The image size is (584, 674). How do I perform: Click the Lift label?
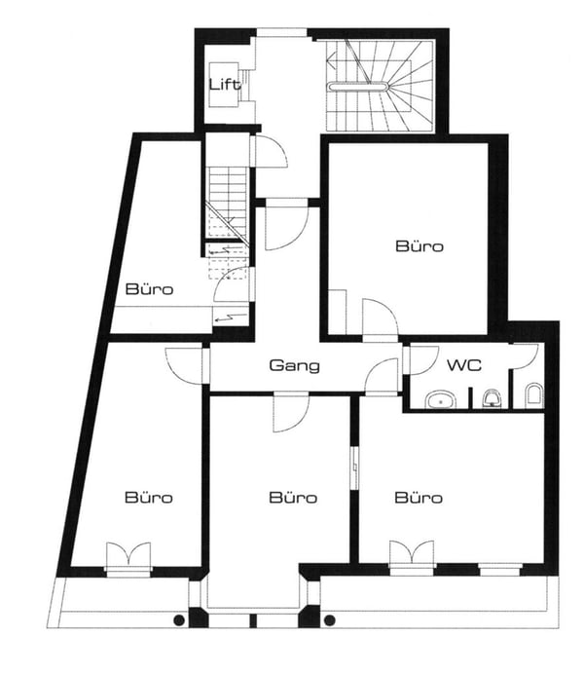click(x=225, y=84)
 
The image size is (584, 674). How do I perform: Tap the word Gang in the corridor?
click(x=294, y=366)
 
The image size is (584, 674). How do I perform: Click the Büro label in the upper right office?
click(x=420, y=246)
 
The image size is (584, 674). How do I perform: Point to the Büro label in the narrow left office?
click(x=149, y=289)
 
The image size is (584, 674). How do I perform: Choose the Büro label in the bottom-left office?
click(x=149, y=498)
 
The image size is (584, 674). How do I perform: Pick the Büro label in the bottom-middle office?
click(x=293, y=498)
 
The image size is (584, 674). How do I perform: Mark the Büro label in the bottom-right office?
click(x=419, y=498)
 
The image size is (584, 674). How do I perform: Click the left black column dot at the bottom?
click(x=179, y=619)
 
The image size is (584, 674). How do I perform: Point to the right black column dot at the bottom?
click(x=329, y=619)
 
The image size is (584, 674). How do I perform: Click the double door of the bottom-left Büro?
click(x=128, y=557)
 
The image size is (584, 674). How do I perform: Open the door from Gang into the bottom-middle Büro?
click(x=289, y=412)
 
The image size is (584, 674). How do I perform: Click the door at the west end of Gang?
click(x=188, y=363)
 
